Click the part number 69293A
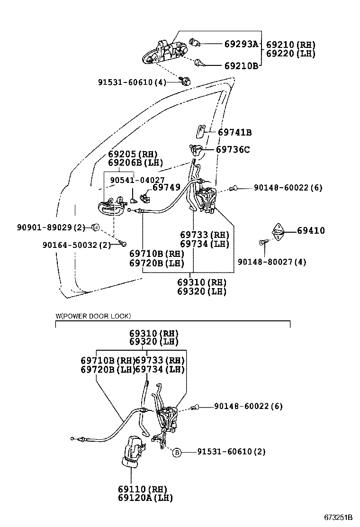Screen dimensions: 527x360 click(x=241, y=45)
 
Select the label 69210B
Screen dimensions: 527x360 click(x=241, y=66)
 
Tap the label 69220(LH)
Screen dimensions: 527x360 click(x=290, y=54)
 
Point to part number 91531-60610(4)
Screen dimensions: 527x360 click(x=132, y=82)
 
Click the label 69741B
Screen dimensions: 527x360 click(x=235, y=133)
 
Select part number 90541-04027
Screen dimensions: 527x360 click(x=137, y=180)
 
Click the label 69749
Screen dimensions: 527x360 click(x=166, y=188)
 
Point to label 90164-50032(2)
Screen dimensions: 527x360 click(x=76, y=245)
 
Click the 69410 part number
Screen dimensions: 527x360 click(x=311, y=231)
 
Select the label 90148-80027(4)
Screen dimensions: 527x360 click(x=272, y=262)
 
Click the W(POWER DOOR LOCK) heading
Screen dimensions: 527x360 click(x=93, y=316)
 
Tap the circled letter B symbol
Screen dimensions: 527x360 click(x=176, y=452)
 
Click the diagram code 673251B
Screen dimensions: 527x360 click(x=339, y=517)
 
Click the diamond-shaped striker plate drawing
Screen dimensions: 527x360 click(x=278, y=231)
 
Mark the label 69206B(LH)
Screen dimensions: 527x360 click(x=135, y=163)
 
